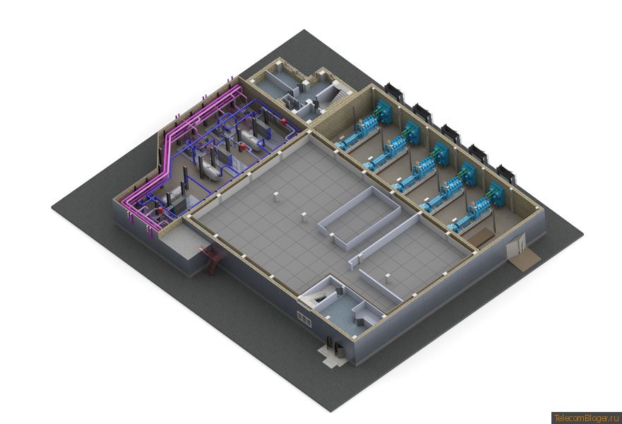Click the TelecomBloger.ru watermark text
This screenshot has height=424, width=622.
pos(586,418)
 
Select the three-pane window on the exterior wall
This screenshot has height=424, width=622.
pos(304,319)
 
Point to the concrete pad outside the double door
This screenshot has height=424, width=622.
pos(330,355)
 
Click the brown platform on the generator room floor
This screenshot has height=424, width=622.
pos(480,237)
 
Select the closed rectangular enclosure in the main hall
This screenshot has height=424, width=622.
pos(359,218)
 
